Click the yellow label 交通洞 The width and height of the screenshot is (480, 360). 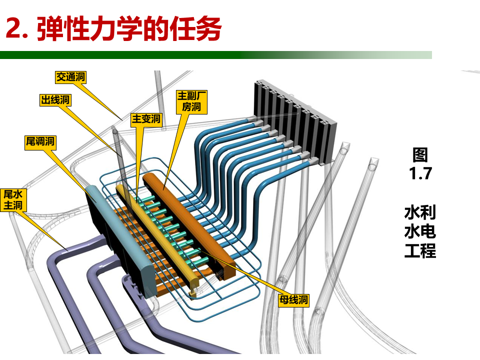tap(70, 77)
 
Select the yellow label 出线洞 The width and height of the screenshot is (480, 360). tap(55, 100)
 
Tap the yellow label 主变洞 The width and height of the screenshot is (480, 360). tap(146, 119)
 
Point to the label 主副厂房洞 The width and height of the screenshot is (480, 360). tap(191, 102)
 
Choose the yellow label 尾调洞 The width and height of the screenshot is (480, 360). tap(40, 141)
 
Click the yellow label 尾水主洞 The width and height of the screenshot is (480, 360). tap(13, 200)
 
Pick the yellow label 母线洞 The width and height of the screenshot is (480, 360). tap(293, 299)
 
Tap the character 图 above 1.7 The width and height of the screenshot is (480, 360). tap(420, 155)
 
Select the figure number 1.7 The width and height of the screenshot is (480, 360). tap(420, 173)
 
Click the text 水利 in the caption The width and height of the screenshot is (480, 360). tap(420, 212)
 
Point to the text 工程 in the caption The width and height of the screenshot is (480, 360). tap(420, 250)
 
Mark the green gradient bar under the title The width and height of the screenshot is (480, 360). tap(216, 55)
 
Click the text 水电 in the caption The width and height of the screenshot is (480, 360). tap(420, 231)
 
